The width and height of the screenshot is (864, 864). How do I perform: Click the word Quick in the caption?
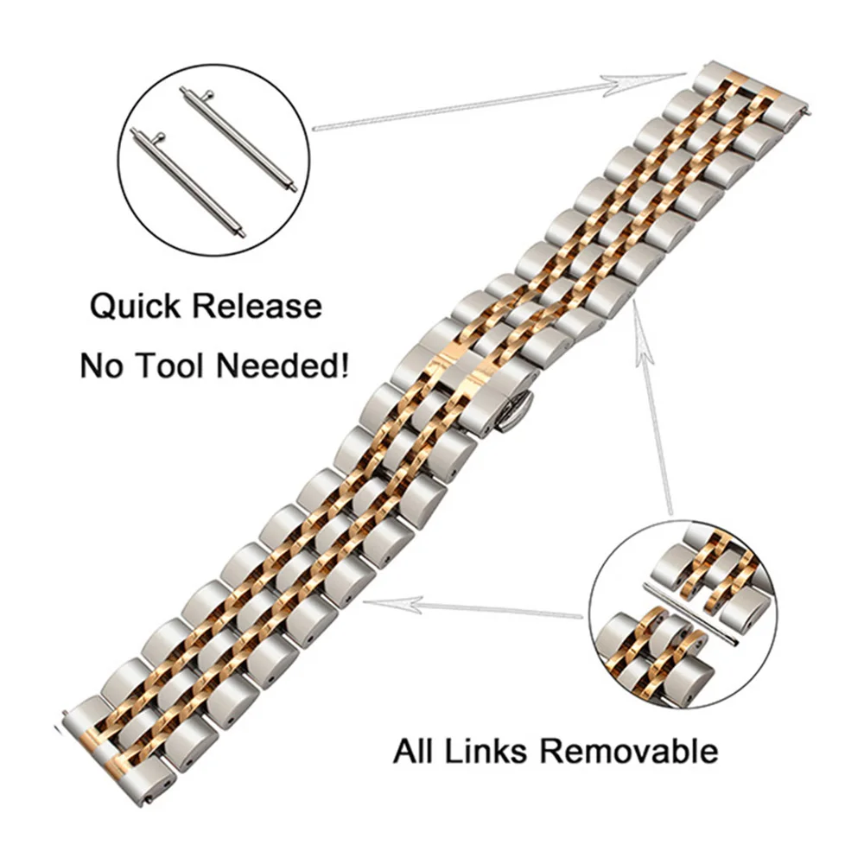pos(138,307)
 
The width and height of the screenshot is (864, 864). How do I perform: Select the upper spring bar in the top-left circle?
pos(238,139)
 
